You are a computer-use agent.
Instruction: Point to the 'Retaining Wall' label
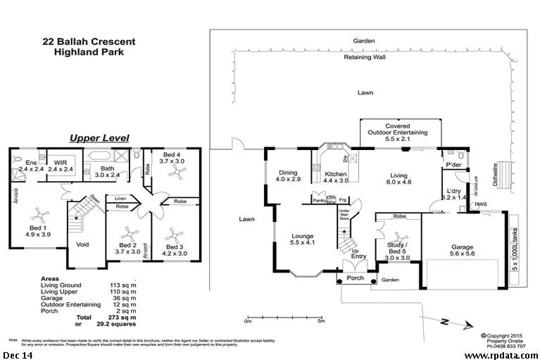[364, 58]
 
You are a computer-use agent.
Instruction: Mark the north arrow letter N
[444, 321]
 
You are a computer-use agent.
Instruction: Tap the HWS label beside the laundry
[481, 204]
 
